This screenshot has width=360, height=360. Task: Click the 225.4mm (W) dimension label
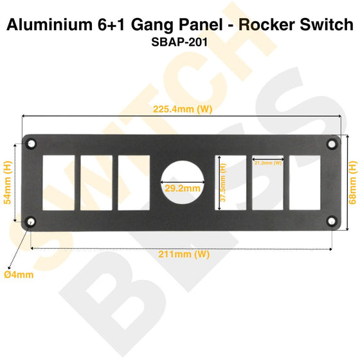(183, 109)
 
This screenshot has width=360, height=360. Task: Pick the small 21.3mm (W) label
(268, 163)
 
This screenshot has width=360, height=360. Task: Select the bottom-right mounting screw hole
(331, 222)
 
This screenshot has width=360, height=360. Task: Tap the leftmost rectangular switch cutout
(59, 183)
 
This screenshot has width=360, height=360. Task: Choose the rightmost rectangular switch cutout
(305, 183)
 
